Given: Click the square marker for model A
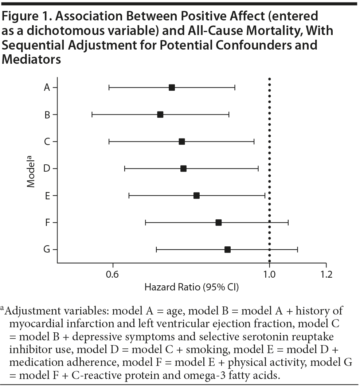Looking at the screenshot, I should pyautogui.click(x=172, y=87).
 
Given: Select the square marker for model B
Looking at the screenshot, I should pyautogui.click(x=160, y=114).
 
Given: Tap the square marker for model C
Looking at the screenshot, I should pyautogui.click(x=182, y=141).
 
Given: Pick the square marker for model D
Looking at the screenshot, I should pyautogui.click(x=183, y=168).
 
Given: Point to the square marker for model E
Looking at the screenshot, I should pyautogui.click(x=196, y=195).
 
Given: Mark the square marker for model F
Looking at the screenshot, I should pyautogui.click(x=219, y=222).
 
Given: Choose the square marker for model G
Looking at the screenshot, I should pyautogui.click(x=227, y=249).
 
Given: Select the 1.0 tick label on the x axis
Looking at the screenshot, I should pyautogui.click(x=269, y=274).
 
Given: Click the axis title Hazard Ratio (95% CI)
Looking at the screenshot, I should pyautogui.click(x=192, y=287).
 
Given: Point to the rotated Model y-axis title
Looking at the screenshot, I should pyautogui.click(x=31, y=171).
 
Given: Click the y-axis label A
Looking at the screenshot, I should pyautogui.click(x=47, y=87).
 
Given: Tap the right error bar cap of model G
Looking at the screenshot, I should pyautogui.click(x=298, y=249).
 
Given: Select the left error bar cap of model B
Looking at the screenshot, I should pyautogui.click(x=92, y=114).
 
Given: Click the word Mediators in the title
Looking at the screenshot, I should pyautogui.click(x=31, y=60).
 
